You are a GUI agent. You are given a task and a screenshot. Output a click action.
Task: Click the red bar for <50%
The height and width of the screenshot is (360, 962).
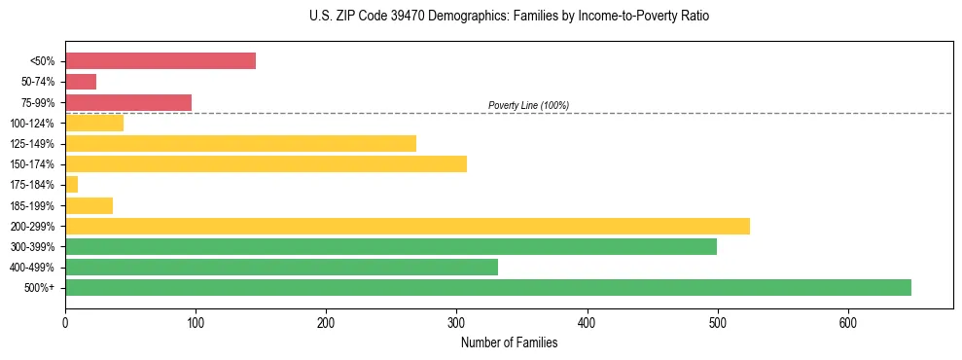click(x=160, y=61)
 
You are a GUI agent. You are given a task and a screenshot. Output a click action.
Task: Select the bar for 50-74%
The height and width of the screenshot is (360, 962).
click(x=81, y=82)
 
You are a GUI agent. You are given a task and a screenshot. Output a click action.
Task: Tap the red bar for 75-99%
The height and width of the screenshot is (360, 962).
click(x=128, y=102)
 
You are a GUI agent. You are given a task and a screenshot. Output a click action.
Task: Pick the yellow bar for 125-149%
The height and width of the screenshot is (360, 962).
click(x=240, y=143)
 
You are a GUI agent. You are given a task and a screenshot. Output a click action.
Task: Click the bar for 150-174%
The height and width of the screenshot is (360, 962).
click(x=266, y=163)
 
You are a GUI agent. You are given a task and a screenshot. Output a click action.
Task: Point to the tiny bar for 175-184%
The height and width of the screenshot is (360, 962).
click(x=71, y=184)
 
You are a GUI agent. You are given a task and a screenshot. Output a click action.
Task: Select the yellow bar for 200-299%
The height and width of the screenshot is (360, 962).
click(x=407, y=226)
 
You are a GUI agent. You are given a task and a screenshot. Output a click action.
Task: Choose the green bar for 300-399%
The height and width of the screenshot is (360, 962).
click(x=391, y=246)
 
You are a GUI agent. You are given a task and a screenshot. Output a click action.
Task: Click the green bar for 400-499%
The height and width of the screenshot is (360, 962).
click(x=281, y=267)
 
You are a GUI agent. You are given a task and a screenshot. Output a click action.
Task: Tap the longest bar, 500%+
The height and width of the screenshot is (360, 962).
click(x=488, y=287)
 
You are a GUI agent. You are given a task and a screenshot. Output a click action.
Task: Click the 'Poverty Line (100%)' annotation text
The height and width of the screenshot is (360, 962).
click(x=528, y=105)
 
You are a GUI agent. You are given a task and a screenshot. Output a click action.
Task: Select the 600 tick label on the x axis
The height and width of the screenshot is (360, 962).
click(x=847, y=323)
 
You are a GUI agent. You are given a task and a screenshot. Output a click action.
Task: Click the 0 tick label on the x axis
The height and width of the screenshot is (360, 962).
click(x=65, y=323)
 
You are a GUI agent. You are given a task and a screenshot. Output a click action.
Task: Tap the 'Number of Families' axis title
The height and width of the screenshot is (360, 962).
click(x=509, y=342)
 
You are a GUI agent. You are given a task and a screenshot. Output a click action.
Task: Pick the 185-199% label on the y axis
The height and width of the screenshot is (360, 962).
click(x=32, y=205)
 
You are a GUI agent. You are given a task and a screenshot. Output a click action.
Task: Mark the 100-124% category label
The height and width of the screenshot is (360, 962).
click(x=32, y=123)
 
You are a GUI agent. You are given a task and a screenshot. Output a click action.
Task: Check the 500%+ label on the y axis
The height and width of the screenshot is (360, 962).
click(x=40, y=288)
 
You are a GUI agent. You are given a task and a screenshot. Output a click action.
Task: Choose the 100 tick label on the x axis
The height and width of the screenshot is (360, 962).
click(x=196, y=323)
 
